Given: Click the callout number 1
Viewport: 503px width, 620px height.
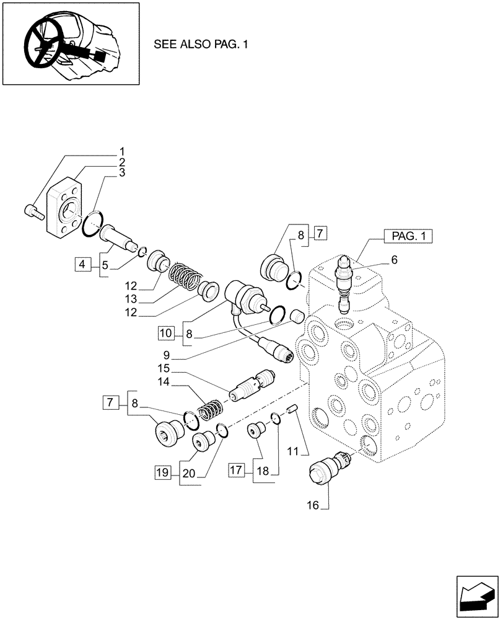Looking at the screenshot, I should (122, 151).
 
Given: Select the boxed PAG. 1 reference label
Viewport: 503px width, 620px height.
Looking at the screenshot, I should (408, 236).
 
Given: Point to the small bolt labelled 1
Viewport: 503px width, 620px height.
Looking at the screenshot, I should (32, 213).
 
